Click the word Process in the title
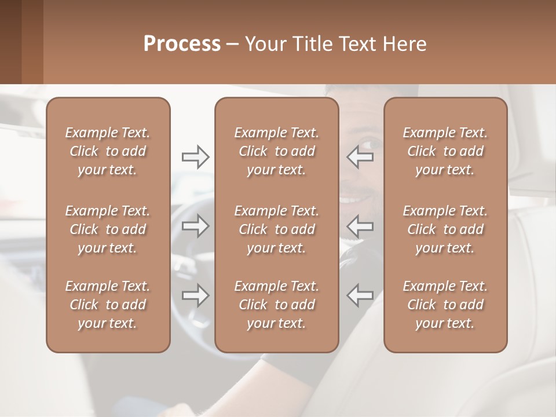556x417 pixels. point(182,44)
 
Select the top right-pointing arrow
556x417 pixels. point(195,156)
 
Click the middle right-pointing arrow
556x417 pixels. point(195,226)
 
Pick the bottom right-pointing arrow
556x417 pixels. point(195,295)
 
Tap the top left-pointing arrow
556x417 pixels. point(360,156)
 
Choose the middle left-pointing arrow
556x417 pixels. point(360,226)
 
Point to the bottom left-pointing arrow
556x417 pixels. point(360,295)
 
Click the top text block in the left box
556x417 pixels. point(108,151)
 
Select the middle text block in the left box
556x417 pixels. point(108,229)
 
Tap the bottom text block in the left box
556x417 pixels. point(108,305)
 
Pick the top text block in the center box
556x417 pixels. point(276,151)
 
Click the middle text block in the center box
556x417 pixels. point(276,229)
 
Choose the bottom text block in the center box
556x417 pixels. point(276,305)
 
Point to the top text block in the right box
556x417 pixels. point(445,151)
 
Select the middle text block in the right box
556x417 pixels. point(445,229)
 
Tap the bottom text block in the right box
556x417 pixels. point(445,305)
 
